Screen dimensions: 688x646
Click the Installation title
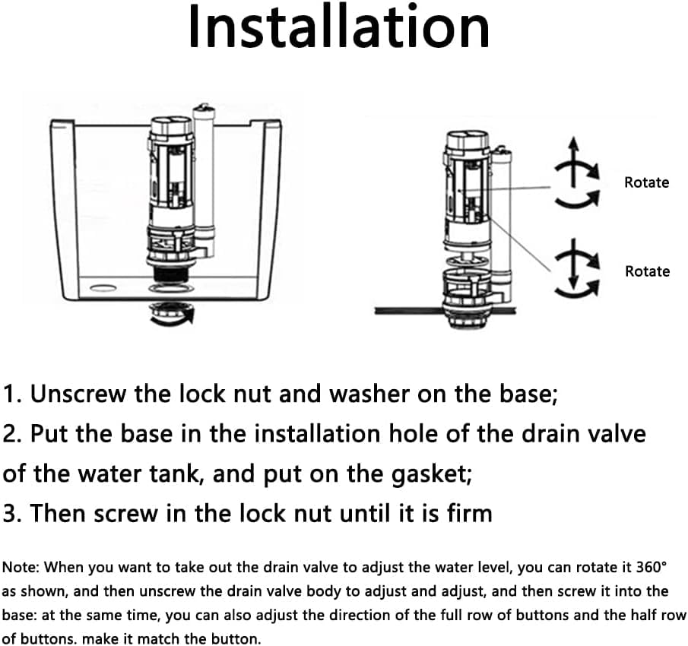[339, 27]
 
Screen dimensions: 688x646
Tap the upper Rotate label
[646, 182]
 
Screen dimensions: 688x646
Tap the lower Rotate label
[647, 271]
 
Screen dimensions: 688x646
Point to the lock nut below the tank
[170, 313]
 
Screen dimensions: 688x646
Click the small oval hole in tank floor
[103, 288]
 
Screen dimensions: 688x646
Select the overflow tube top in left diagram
[204, 109]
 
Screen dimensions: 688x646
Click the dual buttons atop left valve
[171, 124]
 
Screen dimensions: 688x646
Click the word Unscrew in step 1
[78, 394]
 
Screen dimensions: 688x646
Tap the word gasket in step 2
[431, 475]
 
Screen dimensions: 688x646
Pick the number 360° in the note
[652, 567]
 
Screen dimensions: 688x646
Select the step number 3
[11, 513]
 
